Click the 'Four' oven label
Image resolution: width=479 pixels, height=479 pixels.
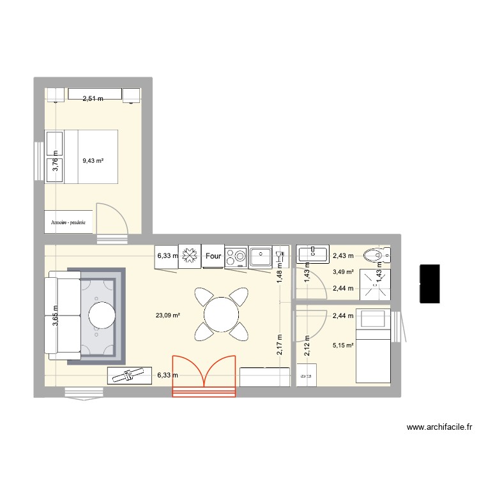tap(213, 256)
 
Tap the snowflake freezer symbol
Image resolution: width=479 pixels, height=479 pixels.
tap(190, 256)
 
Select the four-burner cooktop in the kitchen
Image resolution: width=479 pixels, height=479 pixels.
tap(236, 256)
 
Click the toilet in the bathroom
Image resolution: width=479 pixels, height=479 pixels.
tap(372, 257)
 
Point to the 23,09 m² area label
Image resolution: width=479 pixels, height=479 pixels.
tap(167, 314)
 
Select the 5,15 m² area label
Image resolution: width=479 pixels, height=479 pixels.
tap(342, 347)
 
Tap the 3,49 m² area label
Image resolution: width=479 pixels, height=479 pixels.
tap(342, 272)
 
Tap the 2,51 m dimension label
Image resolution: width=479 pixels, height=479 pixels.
tap(93, 98)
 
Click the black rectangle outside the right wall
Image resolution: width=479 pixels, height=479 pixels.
tap(430, 283)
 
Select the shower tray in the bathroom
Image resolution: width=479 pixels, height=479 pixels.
tap(374, 284)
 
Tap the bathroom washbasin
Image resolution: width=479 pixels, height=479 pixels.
tap(314, 255)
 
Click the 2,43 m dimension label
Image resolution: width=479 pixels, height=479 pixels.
tap(342, 256)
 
